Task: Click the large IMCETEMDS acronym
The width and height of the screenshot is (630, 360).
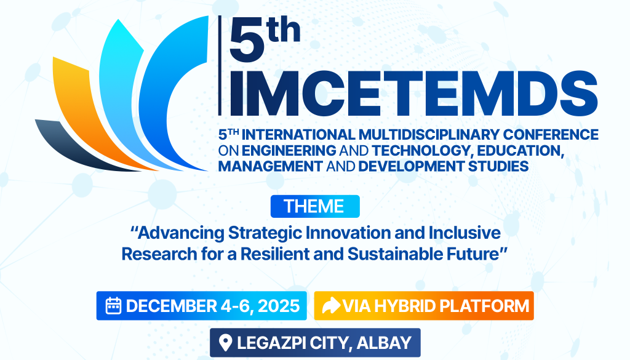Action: coord(413,94)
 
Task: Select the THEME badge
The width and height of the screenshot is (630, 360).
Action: coord(315,207)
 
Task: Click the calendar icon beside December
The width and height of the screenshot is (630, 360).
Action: coord(113,306)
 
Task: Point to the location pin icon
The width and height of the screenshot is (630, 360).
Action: coord(225,343)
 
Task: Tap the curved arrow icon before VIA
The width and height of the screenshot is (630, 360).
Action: coord(331,306)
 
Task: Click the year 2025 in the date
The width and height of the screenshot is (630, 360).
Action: coord(279,306)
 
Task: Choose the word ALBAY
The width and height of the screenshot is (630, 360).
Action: coord(384,343)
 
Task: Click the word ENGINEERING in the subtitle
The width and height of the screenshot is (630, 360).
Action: coord(289,150)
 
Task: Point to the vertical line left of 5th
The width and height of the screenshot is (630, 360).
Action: coord(220,65)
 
